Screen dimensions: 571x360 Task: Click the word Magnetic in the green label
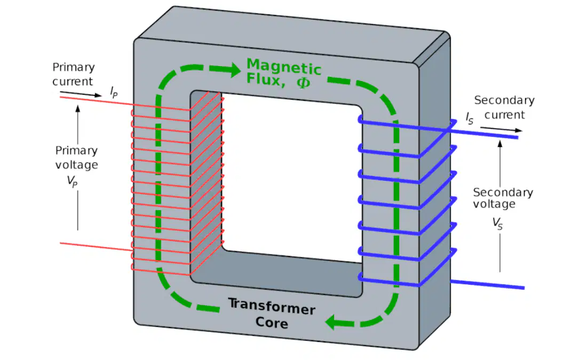coord(284,67)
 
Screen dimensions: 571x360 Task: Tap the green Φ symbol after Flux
coord(303,82)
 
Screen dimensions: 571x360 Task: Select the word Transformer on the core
coord(272,307)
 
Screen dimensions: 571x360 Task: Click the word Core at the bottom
coord(272,323)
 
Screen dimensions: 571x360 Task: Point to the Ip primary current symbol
coord(114,92)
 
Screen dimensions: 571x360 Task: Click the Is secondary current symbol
coord(470,118)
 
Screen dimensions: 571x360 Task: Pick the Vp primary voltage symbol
coord(72,181)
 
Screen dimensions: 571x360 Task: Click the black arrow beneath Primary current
coord(81,94)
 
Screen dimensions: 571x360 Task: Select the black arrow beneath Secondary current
coord(501,129)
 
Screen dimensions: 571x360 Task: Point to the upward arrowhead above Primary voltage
coord(77,109)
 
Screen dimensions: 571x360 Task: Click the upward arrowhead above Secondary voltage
coord(500,144)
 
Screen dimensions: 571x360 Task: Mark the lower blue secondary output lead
coord(487,284)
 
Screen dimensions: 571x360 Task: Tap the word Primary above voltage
coord(76,151)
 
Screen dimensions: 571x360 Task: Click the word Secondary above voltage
coord(503,192)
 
